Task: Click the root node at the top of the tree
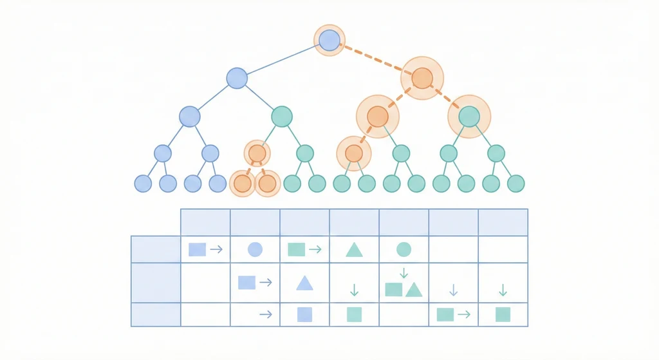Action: point(329,41)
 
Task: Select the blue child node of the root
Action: point(237,78)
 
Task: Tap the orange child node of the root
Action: point(422,78)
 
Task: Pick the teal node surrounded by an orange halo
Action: point(469,116)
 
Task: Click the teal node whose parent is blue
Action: point(282,116)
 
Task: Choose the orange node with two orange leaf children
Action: point(257,153)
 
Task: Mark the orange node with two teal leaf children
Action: point(353,153)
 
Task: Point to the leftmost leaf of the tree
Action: point(143,184)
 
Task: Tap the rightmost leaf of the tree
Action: point(515,184)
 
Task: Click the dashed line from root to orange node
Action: point(375,59)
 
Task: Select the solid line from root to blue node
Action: point(283,59)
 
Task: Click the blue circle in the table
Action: point(255,249)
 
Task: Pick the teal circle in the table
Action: point(404,249)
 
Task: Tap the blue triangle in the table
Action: point(304,283)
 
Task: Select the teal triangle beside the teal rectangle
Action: point(414,290)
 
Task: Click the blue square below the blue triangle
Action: point(304,314)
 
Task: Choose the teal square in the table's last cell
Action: point(503,314)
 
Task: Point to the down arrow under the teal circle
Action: point(404,272)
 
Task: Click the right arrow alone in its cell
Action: point(265,314)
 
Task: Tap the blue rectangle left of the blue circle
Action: point(197,249)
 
